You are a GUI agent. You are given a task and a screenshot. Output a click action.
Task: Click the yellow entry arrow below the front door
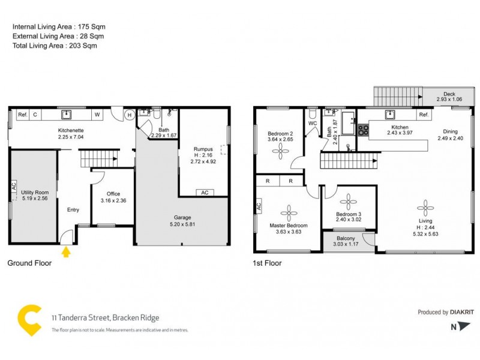(x=66, y=252)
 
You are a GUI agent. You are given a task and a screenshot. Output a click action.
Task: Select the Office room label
(x=113, y=194)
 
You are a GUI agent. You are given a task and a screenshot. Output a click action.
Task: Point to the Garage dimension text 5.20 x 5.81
(x=182, y=224)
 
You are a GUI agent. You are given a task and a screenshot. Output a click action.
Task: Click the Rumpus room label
(x=202, y=149)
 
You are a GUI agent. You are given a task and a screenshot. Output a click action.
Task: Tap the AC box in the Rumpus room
(x=204, y=193)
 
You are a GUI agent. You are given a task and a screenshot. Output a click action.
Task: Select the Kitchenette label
(x=71, y=130)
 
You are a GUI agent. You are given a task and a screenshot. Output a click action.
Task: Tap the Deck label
(x=449, y=94)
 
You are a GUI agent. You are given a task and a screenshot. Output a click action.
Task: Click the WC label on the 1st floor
(x=312, y=124)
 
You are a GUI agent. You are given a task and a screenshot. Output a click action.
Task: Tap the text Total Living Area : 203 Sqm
(x=55, y=45)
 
